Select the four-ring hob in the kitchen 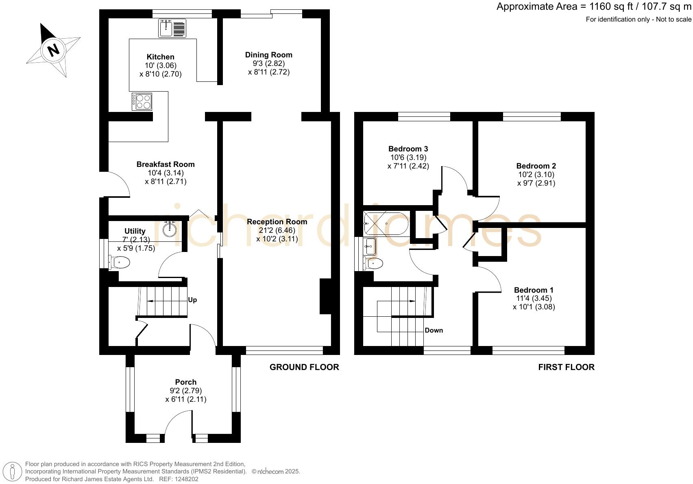(142, 101)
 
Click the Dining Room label (268, 55)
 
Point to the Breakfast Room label (166, 164)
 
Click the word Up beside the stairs (192, 300)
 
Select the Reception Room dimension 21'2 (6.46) (277, 230)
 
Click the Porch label (186, 382)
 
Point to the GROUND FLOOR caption (304, 367)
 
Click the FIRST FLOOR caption (566, 367)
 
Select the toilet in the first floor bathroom (374, 264)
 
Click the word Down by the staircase (434, 330)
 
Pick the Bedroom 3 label (408, 149)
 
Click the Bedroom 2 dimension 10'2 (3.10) (536, 175)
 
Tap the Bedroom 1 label (534, 290)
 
